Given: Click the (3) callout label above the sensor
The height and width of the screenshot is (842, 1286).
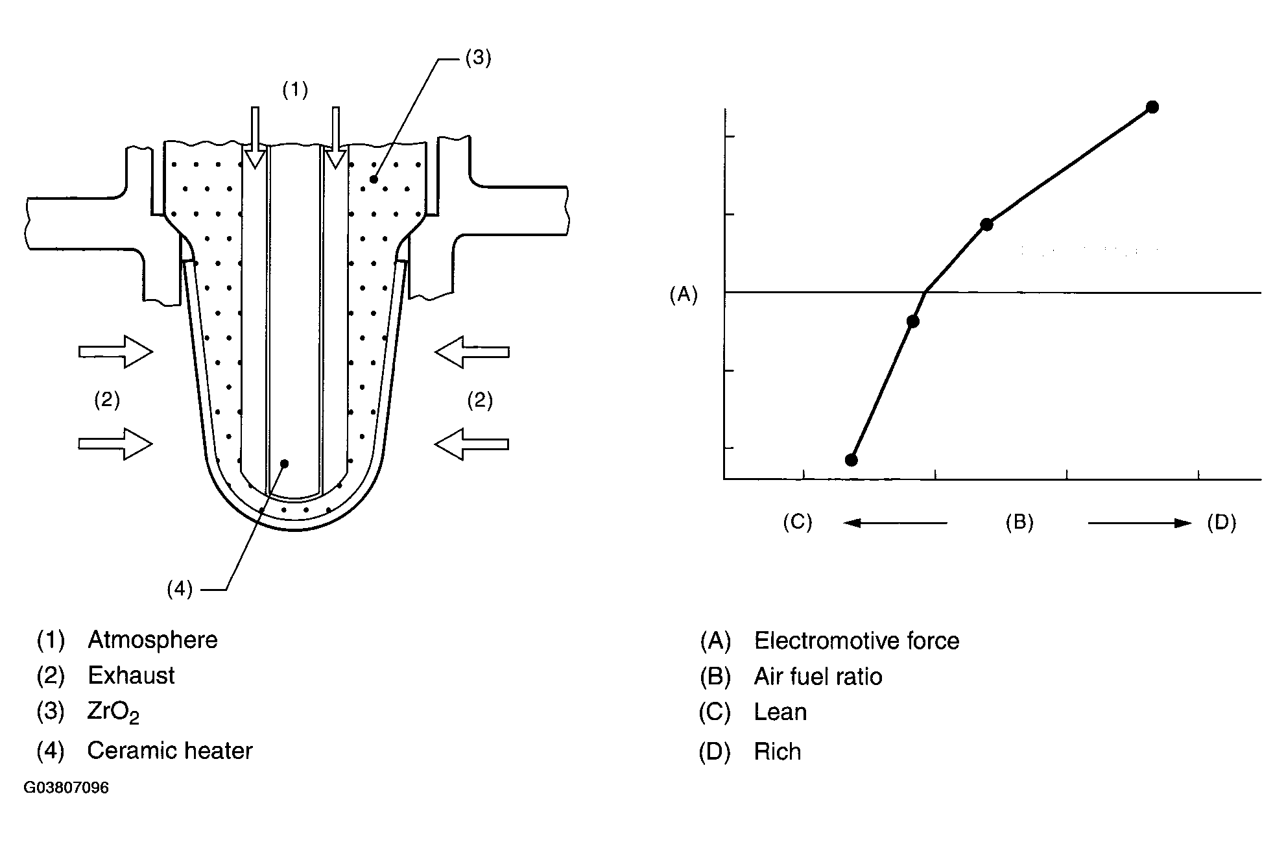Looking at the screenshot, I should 478,58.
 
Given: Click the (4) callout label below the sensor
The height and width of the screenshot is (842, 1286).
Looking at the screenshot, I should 180,589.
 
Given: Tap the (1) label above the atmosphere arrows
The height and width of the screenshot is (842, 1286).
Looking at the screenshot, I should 294,90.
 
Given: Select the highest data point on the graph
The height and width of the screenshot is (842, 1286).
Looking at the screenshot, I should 1152,107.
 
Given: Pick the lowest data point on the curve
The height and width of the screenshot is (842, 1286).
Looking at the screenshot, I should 851,460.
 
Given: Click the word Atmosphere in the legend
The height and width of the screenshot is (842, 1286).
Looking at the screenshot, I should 152,640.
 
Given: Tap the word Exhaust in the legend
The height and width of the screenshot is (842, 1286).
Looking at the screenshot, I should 131,676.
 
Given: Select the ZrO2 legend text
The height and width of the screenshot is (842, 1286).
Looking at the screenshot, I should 113,713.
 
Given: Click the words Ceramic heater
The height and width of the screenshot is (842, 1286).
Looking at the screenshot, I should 169,751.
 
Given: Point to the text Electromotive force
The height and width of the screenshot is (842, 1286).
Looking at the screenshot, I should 856,641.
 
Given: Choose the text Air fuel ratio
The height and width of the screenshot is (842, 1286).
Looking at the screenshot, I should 818,677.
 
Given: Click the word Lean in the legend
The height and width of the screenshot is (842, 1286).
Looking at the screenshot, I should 780,713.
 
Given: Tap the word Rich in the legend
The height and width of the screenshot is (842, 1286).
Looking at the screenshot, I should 777,752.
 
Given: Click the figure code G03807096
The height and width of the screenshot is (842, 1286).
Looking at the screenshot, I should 66,788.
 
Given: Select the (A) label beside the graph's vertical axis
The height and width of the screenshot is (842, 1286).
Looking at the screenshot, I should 683,296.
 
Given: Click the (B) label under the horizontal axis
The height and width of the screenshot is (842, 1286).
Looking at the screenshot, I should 1019,522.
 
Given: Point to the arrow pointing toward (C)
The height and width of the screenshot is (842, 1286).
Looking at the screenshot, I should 895,523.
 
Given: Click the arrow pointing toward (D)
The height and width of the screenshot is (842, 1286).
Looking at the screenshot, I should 1139,523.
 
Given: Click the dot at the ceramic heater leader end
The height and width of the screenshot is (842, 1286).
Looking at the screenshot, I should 284,463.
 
